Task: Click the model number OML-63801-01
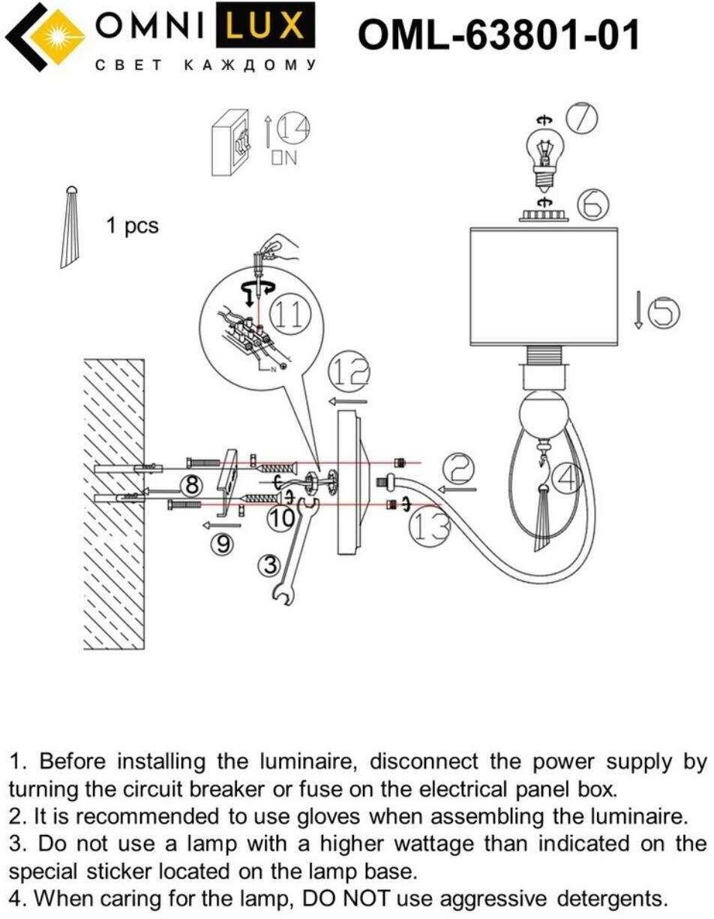498,35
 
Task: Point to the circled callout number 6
593,203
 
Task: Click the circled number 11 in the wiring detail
289,315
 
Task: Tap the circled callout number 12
349,371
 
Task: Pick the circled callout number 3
271,565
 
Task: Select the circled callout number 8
192,486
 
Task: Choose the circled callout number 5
663,312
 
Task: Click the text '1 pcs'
132,225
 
